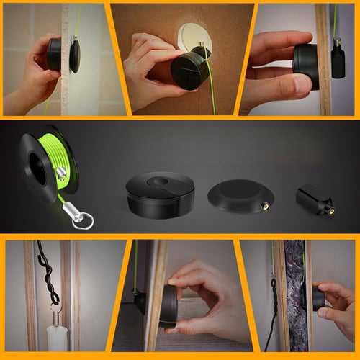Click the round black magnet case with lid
tap(160, 194)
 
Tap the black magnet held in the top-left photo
tap(54, 54)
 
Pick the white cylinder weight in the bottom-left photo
tap(57, 338)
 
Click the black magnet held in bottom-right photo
tap(317, 297)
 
